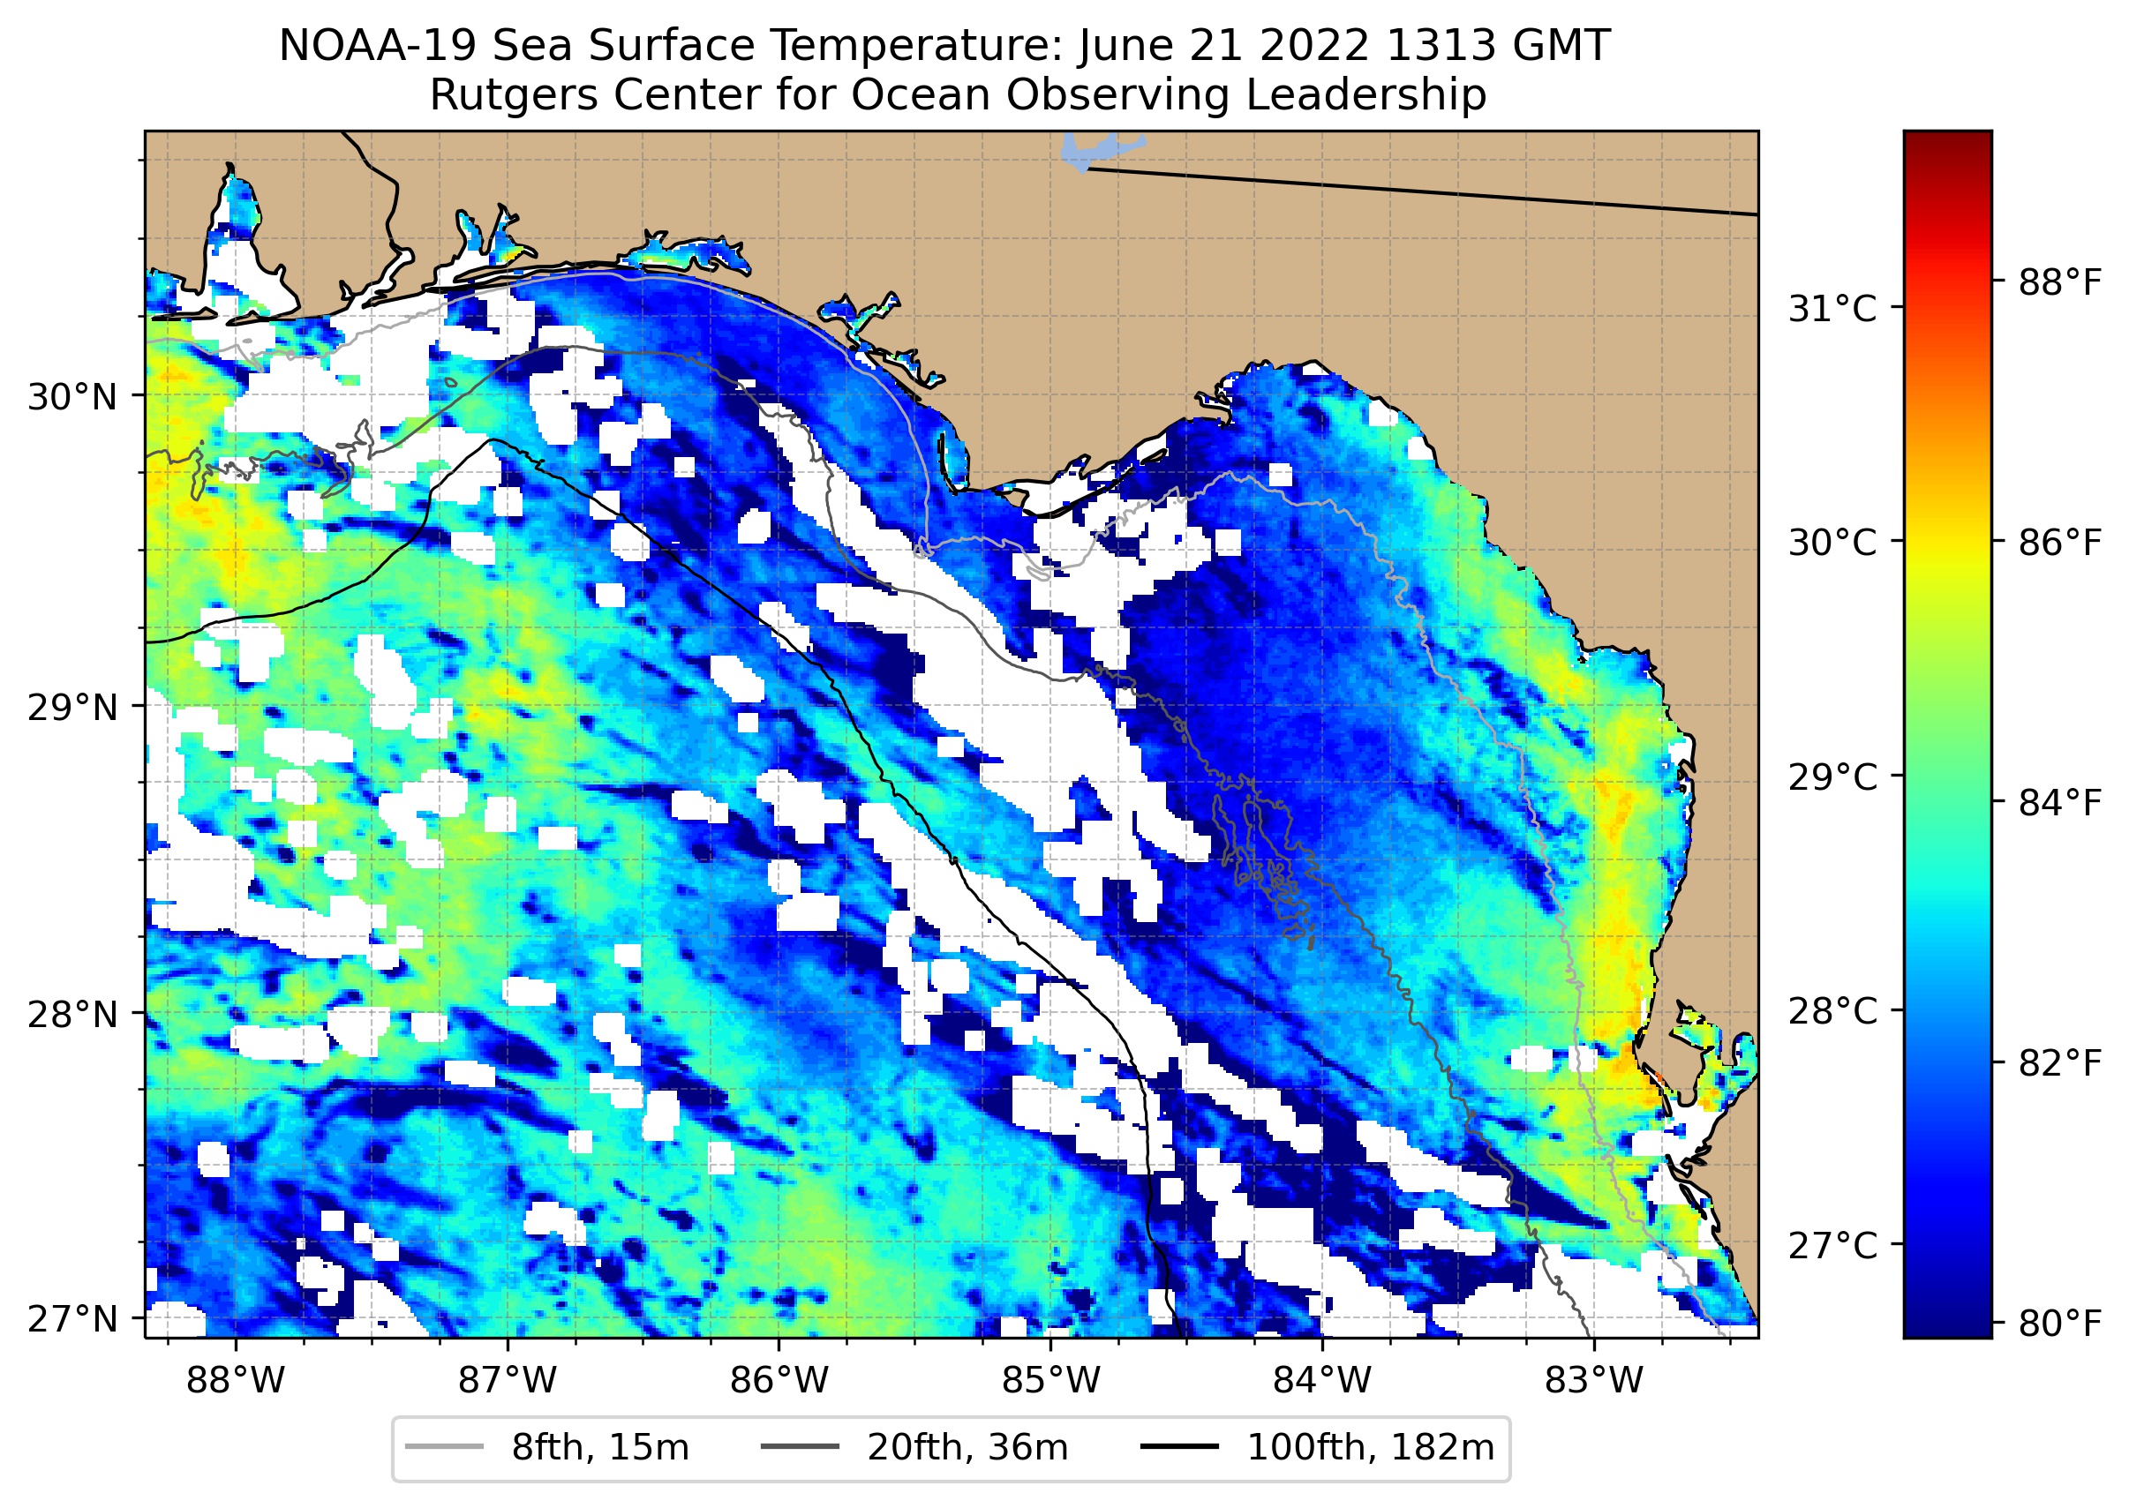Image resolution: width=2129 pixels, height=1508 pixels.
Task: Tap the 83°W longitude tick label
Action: [1594, 1382]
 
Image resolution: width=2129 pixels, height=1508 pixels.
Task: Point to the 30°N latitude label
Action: [72, 397]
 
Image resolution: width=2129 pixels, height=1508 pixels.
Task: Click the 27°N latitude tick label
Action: [72, 1318]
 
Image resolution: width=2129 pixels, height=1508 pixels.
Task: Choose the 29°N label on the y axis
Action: [72, 708]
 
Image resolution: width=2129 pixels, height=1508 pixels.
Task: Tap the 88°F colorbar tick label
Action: [2059, 282]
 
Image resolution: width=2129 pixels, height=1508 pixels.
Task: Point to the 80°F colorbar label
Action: [2059, 1324]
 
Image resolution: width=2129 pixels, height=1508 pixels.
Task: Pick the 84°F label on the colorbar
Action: [2059, 803]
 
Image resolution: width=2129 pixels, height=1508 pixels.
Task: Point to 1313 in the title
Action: [1430, 47]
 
